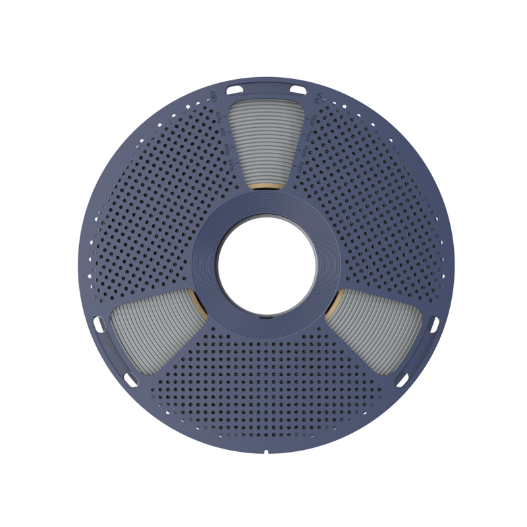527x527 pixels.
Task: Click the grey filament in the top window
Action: [x=263, y=142]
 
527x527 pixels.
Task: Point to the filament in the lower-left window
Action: [x=152, y=336]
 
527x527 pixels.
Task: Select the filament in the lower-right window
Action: [x=375, y=336]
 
